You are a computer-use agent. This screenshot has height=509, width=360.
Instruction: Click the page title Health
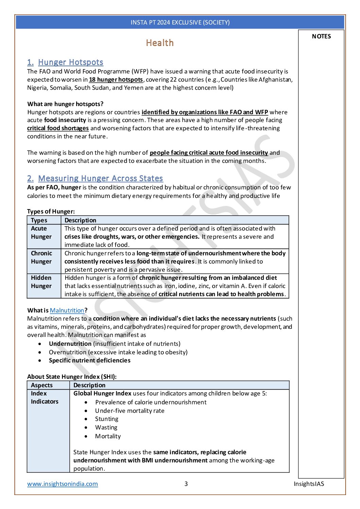tap(159, 43)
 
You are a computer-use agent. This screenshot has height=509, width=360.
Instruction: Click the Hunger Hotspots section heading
tap(70, 62)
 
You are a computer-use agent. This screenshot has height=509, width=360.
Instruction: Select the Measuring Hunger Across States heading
tap(100, 179)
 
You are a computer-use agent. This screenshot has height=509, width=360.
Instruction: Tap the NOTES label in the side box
tap(321, 36)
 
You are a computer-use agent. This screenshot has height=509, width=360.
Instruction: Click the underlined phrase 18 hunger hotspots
tap(116, 80)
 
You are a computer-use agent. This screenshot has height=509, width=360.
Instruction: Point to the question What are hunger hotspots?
tap(65, 104)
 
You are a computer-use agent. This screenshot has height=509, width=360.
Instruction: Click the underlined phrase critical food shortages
tap(58, 128)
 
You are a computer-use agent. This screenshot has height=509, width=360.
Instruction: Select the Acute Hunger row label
tap(41, 233)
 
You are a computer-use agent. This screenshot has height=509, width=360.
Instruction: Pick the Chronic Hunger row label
tap(41, 257)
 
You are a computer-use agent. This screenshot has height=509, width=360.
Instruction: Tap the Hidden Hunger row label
tap(41, 282)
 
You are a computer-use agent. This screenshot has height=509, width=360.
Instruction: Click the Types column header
tap(39, 220)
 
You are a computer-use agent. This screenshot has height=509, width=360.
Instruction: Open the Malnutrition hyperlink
tap(67, 310)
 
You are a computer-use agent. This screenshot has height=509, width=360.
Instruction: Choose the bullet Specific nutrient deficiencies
tap(89, 360)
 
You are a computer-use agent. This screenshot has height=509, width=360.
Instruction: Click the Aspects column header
tap(41, 385)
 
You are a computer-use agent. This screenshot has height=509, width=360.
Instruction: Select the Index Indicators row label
tap(45, 397)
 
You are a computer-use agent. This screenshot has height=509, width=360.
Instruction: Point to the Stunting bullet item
tap(107, 419)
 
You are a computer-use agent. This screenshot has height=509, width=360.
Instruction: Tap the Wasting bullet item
tap(106, 427)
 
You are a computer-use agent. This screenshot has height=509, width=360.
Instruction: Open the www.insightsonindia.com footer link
tap(63, 484)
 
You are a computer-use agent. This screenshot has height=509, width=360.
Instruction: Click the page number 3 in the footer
tap(186, 484)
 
